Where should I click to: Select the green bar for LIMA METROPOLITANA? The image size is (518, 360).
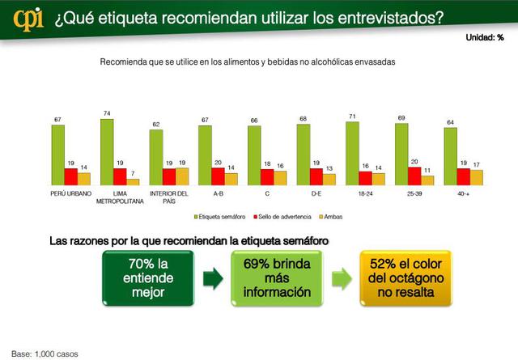click(x=106, y=152)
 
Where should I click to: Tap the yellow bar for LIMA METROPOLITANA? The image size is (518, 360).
click(x=132, y=182)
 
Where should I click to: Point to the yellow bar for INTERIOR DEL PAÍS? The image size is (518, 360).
click(x=181, y=176)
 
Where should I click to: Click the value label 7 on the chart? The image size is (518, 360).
click(x=132, y=173)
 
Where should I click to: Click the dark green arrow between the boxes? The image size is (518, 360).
click(x=212, y=280)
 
